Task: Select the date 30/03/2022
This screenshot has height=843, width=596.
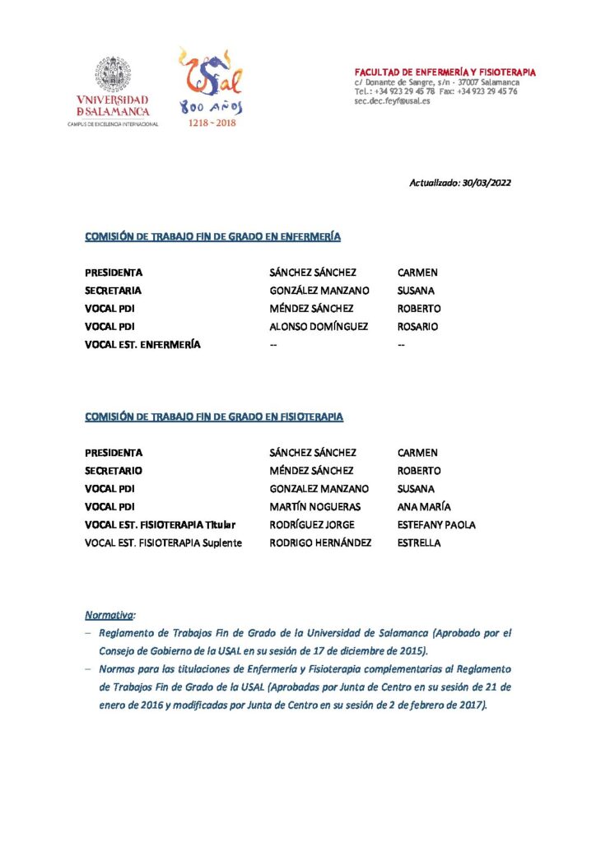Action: [485, 184]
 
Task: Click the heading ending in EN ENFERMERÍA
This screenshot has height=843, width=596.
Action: [213, 237]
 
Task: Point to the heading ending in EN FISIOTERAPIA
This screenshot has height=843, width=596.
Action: [214, 417]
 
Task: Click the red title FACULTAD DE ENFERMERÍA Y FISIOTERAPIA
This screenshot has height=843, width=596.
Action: [445, 72]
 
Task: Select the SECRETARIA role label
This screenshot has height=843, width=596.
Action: [114, 291]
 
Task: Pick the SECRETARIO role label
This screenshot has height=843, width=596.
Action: [114, 471]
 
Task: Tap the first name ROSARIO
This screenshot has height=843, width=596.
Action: [417, 327]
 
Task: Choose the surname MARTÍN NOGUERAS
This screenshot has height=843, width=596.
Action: [315, 507]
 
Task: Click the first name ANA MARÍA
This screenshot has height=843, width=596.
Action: [424, 507]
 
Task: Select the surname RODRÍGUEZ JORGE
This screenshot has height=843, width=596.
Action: [312, 525]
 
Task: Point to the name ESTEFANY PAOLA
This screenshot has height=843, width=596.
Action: [436, 525]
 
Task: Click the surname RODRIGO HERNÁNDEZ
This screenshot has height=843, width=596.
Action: [320, 543]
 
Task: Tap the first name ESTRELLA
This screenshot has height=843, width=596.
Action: [419, 543]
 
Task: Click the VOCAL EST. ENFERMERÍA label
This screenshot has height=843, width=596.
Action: [143, 345]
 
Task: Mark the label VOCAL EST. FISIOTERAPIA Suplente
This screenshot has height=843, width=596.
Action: [164, 543]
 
